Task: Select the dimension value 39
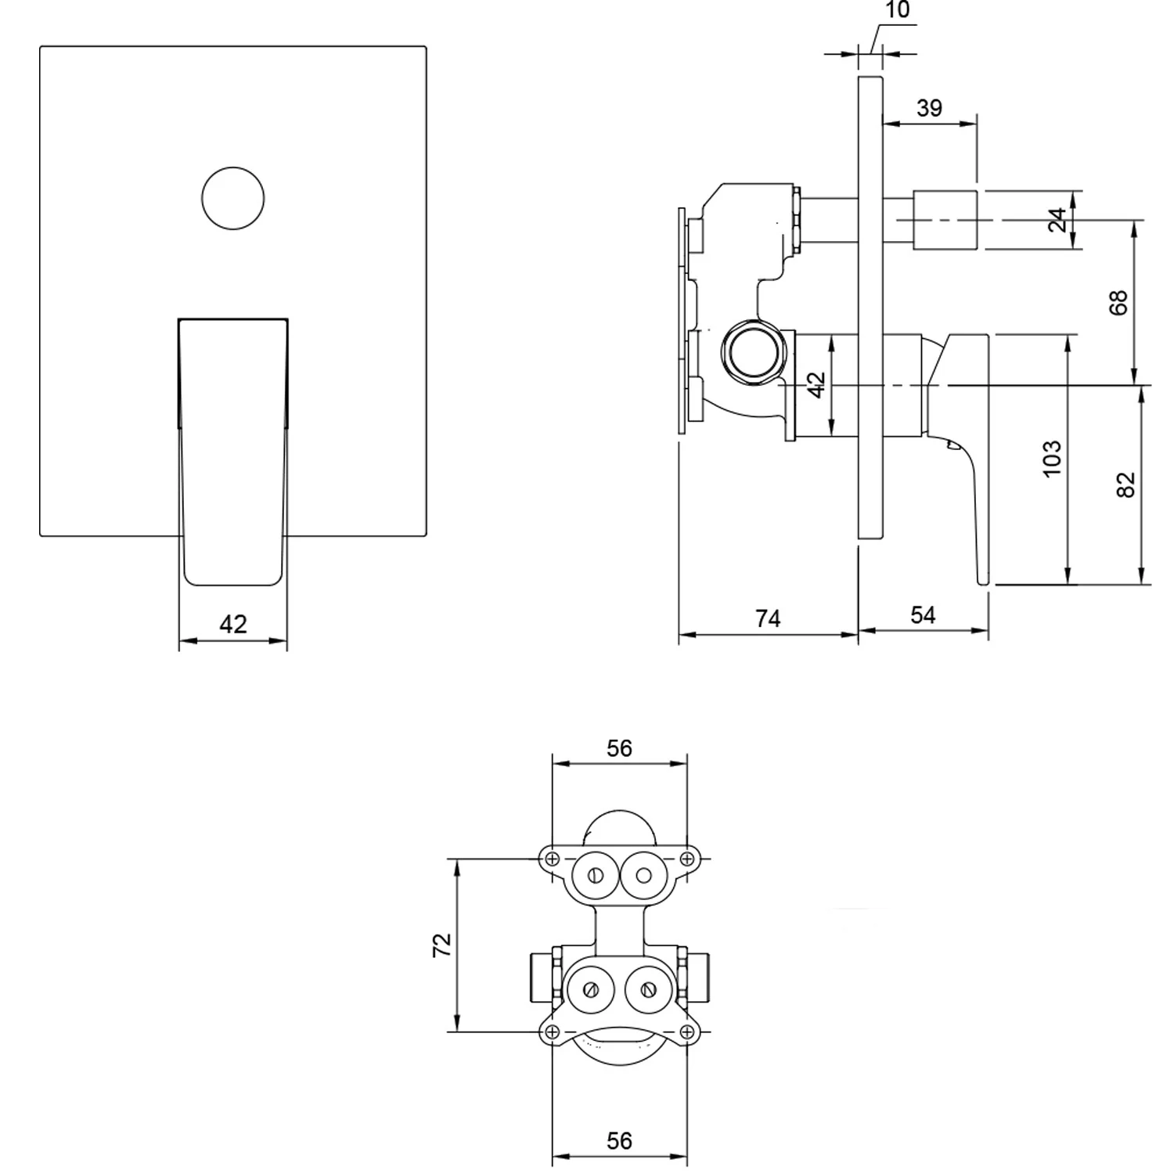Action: click(x=929, y=108)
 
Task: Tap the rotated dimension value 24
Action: click(x=1057, y=220)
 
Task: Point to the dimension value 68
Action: click(x=1120, y=302)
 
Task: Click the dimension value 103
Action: click(x=1053, y=458)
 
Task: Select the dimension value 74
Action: click(x=768, y=618)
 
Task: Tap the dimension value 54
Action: click(x=923, y=615)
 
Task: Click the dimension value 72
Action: click(x=443, y=945)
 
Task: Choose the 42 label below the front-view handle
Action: click(x=233, y=624)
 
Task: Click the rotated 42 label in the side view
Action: click(x=816, y=384)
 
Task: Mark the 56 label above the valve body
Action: click(x=619, y=748)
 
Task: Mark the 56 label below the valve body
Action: click(x=619, y=1140)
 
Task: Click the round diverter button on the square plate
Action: click(x=232, y=198)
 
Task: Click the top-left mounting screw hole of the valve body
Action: click(x=553, y=859)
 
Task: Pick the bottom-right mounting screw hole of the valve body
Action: click(x=687, y=1032)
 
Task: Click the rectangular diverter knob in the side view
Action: click(x=945, y=220)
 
